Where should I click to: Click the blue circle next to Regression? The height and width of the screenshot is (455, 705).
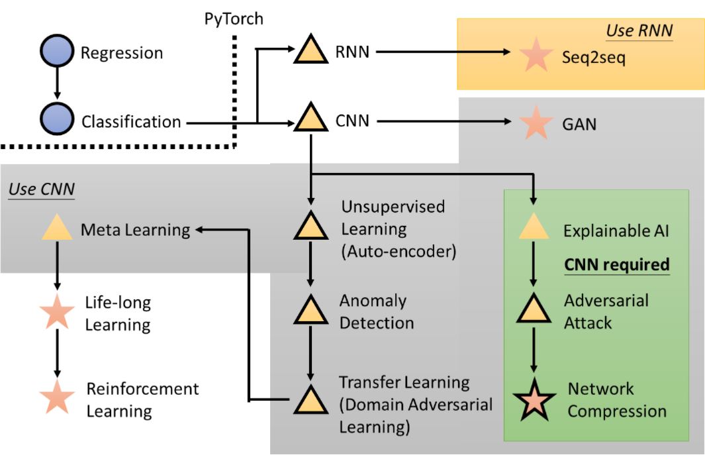[x=57, y=51]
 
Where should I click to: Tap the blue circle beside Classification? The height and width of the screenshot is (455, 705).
[x=57, y=119]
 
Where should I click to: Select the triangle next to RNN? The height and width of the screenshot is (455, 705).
[x=310, y=50]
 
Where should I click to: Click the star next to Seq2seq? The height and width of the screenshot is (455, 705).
[x=536, y=54]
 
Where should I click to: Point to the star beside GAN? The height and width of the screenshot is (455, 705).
[x=536, y=123]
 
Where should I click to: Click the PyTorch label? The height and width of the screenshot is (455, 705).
[x=234, y=19]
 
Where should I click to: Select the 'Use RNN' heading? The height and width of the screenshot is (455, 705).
[x=639, y=30]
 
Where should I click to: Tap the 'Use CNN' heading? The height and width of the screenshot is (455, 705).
[x=41, y=189]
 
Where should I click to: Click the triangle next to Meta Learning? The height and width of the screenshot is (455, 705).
[x=57, y=228]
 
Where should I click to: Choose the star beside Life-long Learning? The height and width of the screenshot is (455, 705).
[x=57, y=311]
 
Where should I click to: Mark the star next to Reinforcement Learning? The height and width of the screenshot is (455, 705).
[x=57, y=397]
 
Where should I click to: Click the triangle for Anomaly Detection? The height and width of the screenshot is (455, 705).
[x=310, y=311]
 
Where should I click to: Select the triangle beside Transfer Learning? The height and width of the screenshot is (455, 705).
[x=310, y=400]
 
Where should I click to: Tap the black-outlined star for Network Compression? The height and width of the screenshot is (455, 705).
[x=534, y=399]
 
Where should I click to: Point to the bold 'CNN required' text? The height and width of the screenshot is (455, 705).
[x=617, y=265]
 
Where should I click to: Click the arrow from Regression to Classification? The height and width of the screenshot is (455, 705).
[x=57, y=83]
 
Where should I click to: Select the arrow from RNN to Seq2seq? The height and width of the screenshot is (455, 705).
[x=444, y=52]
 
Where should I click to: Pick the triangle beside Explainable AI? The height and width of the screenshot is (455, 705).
[x=534, y=227]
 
